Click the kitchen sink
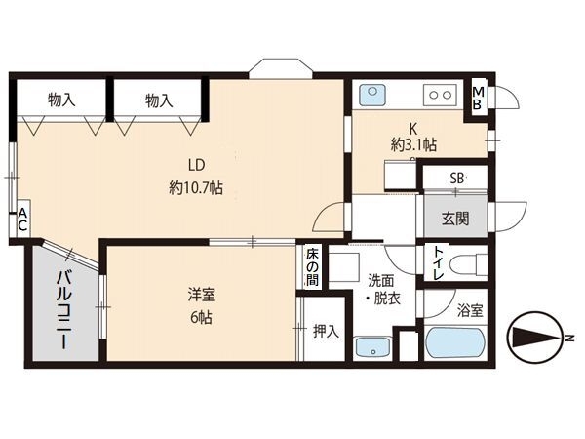(x=372, y=95)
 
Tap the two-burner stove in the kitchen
(x=440, y=95)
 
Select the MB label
(x=478, y=98)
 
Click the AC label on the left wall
(x=22, y=219)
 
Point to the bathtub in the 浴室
(x=455, y=342)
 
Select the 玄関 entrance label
(x=455, y=219)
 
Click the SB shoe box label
(x=456, y=179)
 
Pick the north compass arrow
(x=535, y=338)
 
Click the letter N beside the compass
(x=569, y=339)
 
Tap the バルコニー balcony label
(x=64, y=310)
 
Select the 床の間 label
(x=312, y=267)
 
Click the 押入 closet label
(x=326, y=331)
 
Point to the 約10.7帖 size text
(x=196, y=187)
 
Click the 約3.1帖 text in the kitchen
(x=413, y=144)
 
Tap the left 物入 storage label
(x=61, y=100)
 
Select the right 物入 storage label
(x=159, y=100)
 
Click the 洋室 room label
(x=202, y=295)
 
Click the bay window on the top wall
(x=281, y=68)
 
